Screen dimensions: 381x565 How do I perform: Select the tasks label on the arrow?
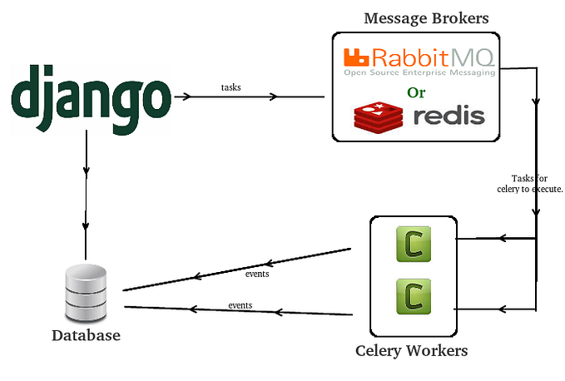[x=232, y=87]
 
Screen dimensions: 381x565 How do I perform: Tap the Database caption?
[x=86, y=335]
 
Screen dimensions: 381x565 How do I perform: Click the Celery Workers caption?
[x=411, y=350]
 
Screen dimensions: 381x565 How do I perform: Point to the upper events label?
[x=257, y=273]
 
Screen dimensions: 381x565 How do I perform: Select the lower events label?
[x=240, y=304]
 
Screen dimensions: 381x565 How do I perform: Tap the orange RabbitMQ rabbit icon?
[x=357, y=57]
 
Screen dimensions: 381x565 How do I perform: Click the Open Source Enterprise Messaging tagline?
[x=419, y=72]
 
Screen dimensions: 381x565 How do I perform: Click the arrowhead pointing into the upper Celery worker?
[x=502, y=238]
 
